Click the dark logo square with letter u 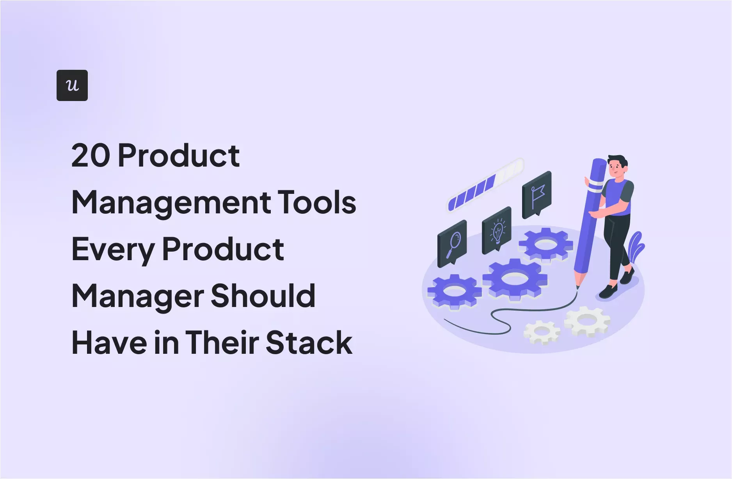tap(72, 85)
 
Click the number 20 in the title tap(91, 156)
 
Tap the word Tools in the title tap(316, 203)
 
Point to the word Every tap(113, 250)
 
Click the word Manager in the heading tap(138, 296)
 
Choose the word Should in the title tap(263, 296)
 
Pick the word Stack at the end tap(309, 343)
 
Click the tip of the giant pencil tap(578, 287)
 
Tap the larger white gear tap(587, 321)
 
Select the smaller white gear tap(542, 332)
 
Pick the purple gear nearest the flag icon tap(545, 245)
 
